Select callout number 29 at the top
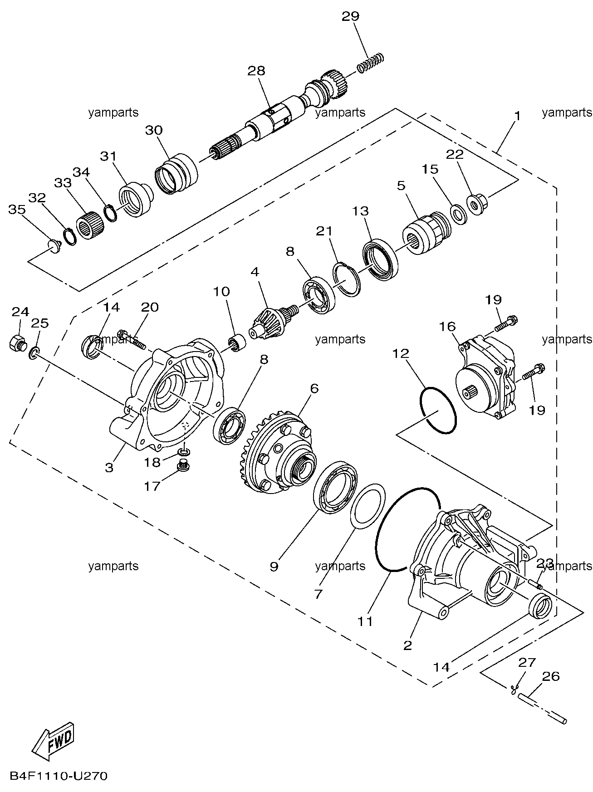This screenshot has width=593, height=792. coord(350,17)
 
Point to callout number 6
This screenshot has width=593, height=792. coord(314,389)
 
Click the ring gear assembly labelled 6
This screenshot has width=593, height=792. coord(276,452)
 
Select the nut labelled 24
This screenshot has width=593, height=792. coord(17,342)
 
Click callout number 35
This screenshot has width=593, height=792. coord(17,210)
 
